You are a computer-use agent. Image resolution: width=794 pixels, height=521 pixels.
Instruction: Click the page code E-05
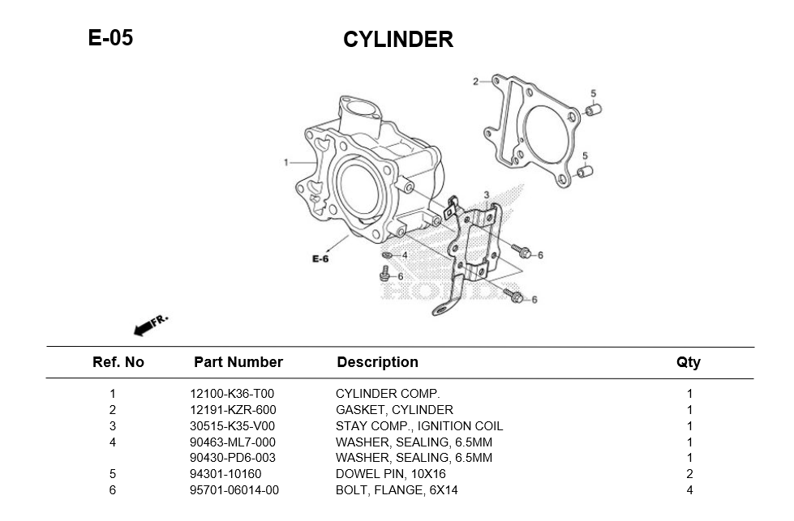(x=110, y=37)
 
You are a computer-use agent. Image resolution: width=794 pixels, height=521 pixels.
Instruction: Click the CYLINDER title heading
(x=397, y=40)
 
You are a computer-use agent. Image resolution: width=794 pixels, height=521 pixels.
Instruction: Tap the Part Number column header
(x=238, y=362)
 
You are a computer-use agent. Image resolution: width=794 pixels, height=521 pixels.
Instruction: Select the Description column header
(x=377, y=362)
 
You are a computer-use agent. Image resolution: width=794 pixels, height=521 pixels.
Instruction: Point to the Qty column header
(x=689, y=362)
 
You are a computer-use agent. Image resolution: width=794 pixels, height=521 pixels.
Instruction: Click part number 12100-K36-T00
(x=232, y=395)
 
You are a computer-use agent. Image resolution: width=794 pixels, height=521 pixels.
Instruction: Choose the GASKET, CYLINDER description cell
(x=394, y=410)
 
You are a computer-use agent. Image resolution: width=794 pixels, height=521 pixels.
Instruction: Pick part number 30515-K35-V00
(x=232, y=426)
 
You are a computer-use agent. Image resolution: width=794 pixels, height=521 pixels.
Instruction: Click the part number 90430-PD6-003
(x=233, y=458)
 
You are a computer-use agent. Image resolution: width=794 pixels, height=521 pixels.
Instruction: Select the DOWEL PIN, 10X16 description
(x=391, y=474)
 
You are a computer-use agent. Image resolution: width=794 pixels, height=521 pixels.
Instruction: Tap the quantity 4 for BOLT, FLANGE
(x=689, y=489)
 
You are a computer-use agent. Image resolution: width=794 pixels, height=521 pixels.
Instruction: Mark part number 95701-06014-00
(x=234, y=489)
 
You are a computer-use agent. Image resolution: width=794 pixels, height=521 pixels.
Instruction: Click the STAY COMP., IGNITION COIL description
(x=419, y=426)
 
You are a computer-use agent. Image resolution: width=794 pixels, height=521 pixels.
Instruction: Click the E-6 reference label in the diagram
(x=320, y=259)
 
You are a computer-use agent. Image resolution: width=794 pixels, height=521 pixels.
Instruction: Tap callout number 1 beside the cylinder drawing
(x=285, y=163)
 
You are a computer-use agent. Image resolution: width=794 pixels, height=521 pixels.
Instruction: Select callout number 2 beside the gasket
(x=475, y=81)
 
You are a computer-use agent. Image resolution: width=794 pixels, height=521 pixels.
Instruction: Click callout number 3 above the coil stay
(x=486, y=195)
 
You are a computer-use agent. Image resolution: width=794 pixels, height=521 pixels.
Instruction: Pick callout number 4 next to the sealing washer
(x=405, y=255)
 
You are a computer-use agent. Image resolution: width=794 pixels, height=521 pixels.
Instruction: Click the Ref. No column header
(x=118, y=362)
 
